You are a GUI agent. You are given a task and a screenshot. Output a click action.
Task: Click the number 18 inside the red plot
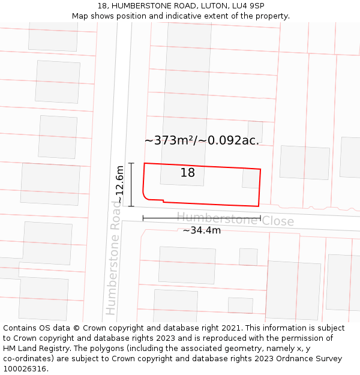(x=188, y=173)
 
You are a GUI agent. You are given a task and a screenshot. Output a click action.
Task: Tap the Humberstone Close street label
(x=235, y=219)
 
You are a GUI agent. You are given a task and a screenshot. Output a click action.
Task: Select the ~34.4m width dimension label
(x=202, y=230)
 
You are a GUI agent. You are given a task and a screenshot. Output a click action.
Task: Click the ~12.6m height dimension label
(x=119, y=185)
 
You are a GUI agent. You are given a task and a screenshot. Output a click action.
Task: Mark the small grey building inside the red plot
(x=250, y=179)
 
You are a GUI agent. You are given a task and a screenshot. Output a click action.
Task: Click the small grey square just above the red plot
(x=255, y=131)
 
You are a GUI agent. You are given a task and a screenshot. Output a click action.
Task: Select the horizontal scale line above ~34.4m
(x=202, y=218)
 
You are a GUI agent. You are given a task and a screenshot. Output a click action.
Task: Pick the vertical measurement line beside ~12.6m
(x=131, y=185)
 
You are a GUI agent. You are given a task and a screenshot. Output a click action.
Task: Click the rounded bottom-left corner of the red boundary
(x=145, y=195)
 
